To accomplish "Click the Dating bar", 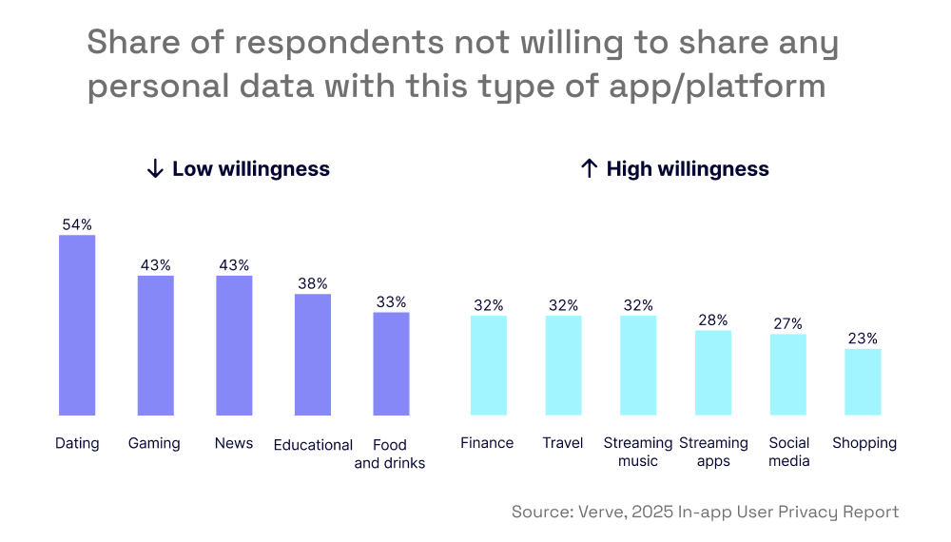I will tap(77, 325).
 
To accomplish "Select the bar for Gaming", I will tap(156, 345).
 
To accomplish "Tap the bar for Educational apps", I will tap(313, 355).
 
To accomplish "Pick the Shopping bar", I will tap(863, 381).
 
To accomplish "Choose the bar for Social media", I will tap(788, 375).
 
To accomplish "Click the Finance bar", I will tap(489, 365).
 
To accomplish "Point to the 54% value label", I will tap(77, 225).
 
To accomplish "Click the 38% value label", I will tap(313, 283).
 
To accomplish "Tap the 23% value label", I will tap(863, 339).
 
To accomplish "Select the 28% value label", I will tap(713, 320).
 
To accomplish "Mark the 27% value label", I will tap(788, 323).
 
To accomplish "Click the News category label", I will tap(234, 444).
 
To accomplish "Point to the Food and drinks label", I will tap(390, 454).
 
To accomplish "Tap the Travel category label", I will tap(563, 443).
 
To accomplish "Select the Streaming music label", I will tap(638, 452).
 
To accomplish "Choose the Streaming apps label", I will tap(713, 452).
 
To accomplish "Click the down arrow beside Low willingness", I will tap(155, 169).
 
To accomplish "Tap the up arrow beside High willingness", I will tap(589, 169).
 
